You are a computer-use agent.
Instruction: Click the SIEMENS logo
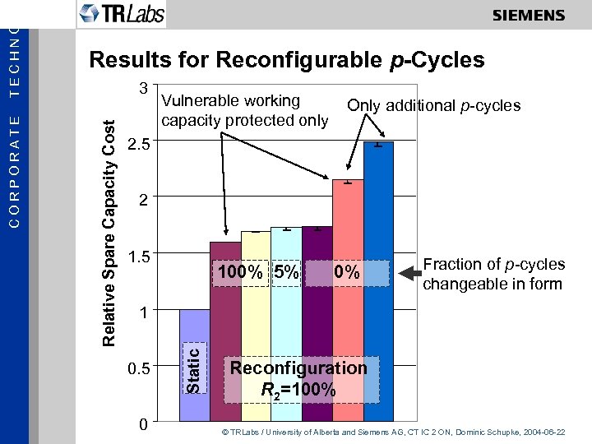pyautogui.click(x=529, y=15)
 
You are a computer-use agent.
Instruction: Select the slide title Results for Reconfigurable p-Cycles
pyautogui.click(x=286, y=60)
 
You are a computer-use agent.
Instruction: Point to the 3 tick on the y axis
pyautogui.click(x=143, y=88)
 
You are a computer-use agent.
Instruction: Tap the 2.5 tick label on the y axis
pyautogui.click(x=140, y=145)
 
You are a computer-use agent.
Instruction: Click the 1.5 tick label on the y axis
pyautogui.click(x=140, y=257)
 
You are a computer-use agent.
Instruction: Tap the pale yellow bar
pyautogui.click(x=256, y=329)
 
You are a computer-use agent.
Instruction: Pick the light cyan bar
pyautogui.click(x=286, y=329)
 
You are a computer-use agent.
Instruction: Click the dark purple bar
pyautogui.click(x=317, y=329)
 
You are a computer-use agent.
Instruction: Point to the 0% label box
pyautogui.click(x=347, y=272)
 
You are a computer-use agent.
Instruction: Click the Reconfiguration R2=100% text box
pyautogui.click(x=298, y=378)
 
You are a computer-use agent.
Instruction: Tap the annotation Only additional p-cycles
pyautogui.click(x=433, y=105)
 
